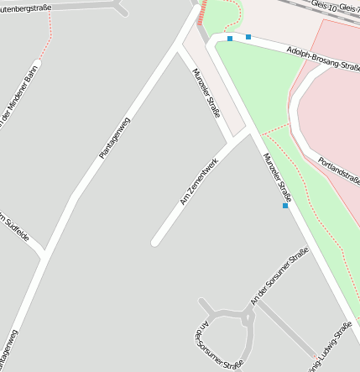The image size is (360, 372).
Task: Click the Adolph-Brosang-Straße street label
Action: [322, 58]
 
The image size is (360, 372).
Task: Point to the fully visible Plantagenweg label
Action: [114, 138]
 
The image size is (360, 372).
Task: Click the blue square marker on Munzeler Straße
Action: [285, 206]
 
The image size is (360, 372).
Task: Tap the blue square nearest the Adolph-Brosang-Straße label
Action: [248, 37]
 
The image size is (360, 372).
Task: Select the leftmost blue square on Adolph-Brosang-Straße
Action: [230, 39]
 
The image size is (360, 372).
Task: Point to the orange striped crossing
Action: [201, 12]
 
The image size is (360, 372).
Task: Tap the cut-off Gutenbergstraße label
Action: [26, 9]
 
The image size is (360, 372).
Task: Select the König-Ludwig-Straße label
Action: [329, 346]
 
